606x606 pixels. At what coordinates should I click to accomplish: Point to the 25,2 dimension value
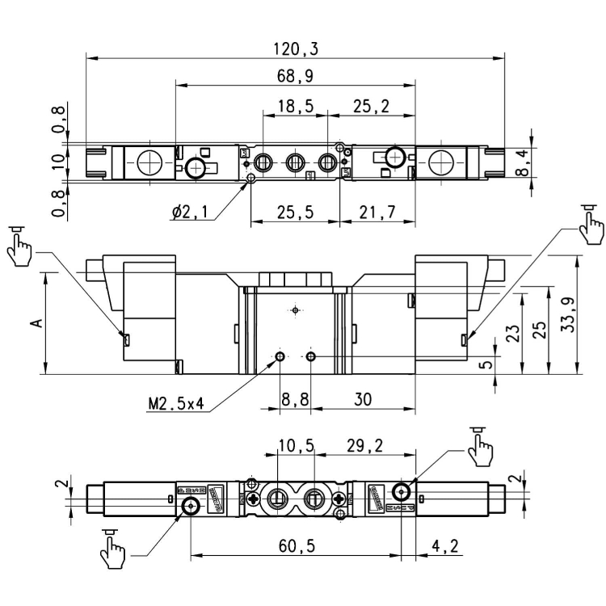point(371,106)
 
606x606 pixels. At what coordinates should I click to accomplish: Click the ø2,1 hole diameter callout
point(190,213)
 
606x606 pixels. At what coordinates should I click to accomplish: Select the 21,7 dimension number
point(374,213)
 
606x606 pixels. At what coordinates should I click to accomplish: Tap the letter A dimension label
point(36,322)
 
